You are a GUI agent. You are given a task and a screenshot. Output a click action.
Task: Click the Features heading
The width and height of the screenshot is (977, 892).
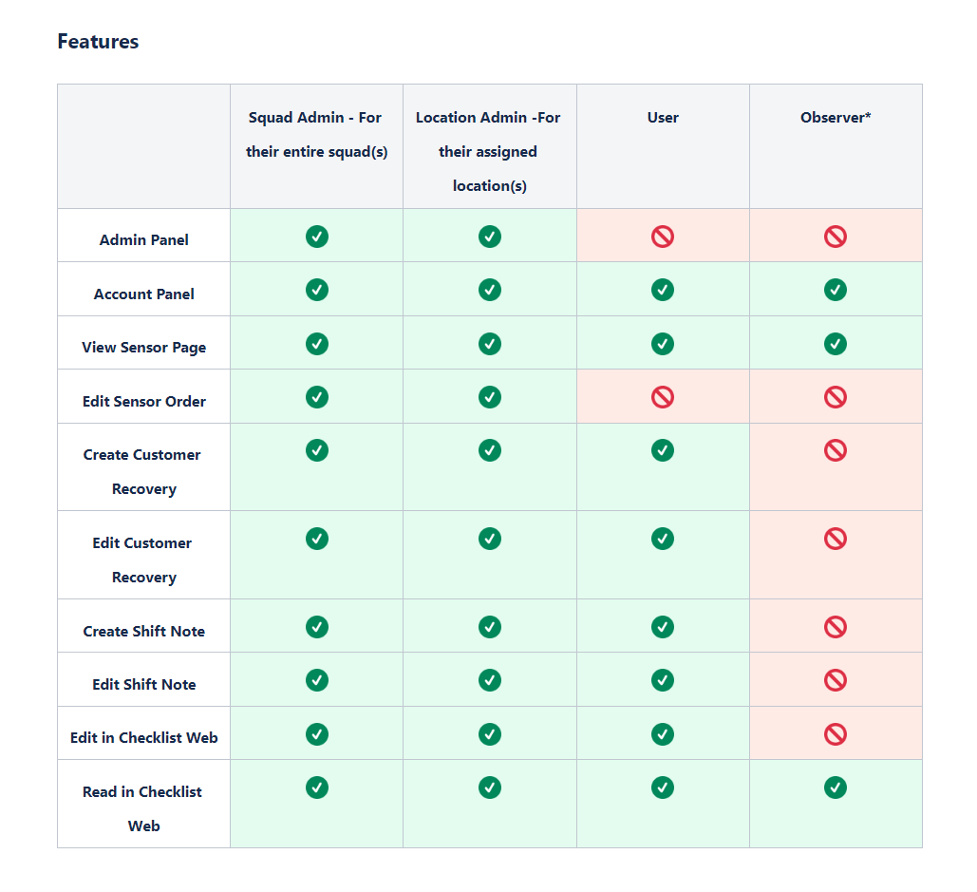98,41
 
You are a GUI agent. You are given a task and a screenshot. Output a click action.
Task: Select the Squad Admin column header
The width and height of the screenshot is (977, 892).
316,135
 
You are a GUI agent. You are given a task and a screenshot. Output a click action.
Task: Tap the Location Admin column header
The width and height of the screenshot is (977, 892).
488,151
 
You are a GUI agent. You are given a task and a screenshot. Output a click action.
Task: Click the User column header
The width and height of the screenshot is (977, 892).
663,117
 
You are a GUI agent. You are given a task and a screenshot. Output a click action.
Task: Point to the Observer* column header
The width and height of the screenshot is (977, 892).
836,117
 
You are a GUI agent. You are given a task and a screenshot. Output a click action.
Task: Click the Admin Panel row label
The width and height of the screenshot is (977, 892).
144,240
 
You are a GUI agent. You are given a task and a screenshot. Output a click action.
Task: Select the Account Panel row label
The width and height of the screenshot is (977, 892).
144,294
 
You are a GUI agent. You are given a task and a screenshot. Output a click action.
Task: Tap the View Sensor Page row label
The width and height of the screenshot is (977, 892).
144,347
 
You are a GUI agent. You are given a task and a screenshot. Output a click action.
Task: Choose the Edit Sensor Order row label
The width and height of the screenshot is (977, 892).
144,401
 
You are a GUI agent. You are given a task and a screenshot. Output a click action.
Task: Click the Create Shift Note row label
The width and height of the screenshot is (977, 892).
144,631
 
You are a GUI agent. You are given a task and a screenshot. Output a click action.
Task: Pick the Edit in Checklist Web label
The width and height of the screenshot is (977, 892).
144,737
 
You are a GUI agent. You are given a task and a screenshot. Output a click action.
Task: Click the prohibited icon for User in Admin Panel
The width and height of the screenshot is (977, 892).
663,237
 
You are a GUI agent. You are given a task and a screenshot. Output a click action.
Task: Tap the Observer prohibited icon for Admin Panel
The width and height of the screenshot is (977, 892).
836,237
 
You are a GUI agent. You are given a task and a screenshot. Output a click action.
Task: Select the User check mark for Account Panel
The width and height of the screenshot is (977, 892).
663,290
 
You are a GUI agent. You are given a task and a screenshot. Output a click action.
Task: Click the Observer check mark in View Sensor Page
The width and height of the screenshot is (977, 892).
836,344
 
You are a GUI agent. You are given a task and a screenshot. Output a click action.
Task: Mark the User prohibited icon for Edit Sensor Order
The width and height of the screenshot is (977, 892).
663,397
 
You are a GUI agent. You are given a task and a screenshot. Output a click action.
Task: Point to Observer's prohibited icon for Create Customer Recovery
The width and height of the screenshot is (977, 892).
836,450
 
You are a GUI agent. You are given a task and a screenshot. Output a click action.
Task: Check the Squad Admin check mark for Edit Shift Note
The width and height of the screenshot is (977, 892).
317,681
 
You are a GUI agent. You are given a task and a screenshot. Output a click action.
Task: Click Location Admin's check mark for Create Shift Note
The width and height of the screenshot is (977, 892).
490,627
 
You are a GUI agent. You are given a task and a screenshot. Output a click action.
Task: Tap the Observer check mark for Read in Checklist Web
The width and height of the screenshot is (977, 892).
836,788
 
